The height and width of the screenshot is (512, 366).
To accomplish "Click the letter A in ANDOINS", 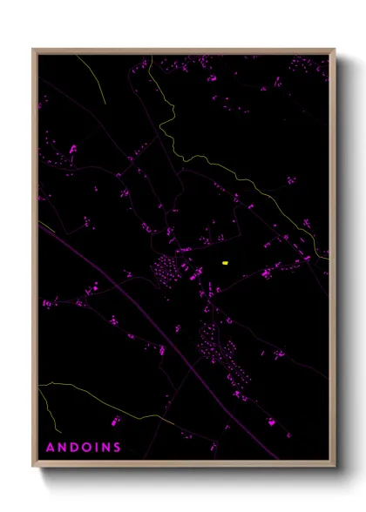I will (x=50, y=448).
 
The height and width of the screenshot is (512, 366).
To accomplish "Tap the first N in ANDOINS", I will (x=62, y=448).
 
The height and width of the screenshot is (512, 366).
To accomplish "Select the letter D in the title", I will (x=74, y=448).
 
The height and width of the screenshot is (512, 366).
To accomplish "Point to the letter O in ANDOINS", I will (x=87, y=448).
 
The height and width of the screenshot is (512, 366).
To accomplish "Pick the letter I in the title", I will (x=97, y=448).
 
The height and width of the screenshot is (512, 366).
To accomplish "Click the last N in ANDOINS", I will (x=105, y=448).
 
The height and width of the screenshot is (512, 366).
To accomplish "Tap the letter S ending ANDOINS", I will (x=118, y=448).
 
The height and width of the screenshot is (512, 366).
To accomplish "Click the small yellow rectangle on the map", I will (x=225, y=262).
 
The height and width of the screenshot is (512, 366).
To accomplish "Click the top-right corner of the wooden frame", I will (x=335, y=50).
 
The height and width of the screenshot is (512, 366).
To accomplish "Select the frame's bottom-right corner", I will (x=335, y=468).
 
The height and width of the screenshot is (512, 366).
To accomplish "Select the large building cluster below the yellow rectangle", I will (x=213, y=344).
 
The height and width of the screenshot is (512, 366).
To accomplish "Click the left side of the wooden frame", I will (x=35, y=261).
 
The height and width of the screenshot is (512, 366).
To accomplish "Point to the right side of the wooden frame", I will (x=334, y=261).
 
